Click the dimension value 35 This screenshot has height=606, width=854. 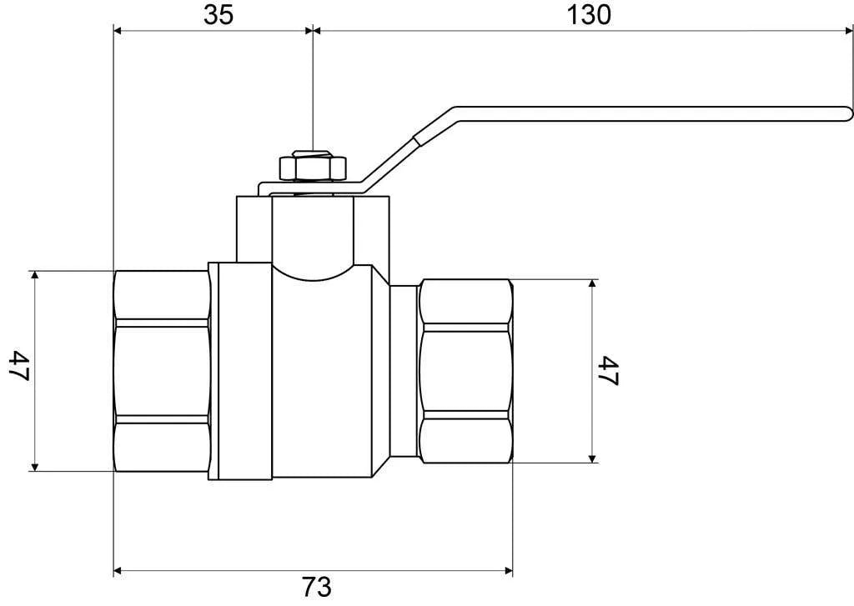(219, 15)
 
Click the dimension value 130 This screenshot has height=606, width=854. (589, 15)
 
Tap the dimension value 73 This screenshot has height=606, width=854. (316, 587)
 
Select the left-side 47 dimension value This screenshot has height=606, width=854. (20, 366)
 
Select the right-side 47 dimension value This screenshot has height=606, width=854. (608, 371)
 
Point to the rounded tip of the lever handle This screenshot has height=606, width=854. (847, 113)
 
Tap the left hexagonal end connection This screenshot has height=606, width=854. (162, 371)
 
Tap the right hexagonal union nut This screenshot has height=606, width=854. (466, 371)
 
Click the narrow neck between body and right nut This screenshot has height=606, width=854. (404, 371)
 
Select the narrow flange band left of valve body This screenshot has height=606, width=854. (240, 371)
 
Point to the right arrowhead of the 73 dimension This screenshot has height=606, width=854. (509, 571)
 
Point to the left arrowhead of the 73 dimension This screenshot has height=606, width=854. (118, 571)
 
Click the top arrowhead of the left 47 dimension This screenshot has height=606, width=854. (35, 275)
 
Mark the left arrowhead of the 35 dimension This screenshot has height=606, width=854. (118, 31)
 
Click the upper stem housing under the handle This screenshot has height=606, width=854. (314, 228)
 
